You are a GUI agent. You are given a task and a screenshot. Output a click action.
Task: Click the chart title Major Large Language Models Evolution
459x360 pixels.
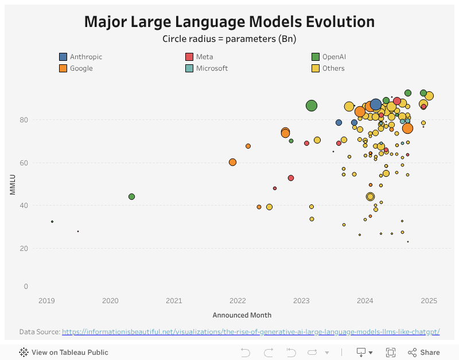(229, 22)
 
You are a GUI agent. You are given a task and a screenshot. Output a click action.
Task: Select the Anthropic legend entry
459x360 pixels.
(85, 57)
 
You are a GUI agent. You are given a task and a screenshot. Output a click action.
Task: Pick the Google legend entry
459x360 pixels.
(81, 68)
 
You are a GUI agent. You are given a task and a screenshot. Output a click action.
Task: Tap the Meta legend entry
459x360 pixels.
(204, 57)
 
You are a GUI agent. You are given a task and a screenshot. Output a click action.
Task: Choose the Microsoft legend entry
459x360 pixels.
(212, 68)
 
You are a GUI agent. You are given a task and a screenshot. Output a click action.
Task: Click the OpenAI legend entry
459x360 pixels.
(333, 57)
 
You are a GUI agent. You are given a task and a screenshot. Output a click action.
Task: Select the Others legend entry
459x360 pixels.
(333, 68)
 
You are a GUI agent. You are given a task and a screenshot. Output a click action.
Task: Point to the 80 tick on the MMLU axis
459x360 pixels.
(22, 120)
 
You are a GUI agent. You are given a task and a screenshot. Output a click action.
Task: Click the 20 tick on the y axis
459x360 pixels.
(22, 248)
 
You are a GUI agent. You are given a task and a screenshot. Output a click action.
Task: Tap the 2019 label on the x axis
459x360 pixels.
(46, 301)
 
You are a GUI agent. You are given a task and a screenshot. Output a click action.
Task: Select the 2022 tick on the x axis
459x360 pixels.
(238, 301)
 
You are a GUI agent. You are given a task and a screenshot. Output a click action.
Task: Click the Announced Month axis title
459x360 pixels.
(242, 315)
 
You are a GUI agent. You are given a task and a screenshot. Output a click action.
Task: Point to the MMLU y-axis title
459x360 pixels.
(12, 184)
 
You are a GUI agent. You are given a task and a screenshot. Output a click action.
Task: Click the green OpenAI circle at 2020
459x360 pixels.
(131, 196)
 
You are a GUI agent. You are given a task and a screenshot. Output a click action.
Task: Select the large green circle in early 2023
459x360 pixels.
(312, 106)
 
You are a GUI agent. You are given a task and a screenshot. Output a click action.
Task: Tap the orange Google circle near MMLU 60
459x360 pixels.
(232, 162)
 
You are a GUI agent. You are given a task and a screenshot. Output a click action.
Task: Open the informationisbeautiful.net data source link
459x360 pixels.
(251, 332)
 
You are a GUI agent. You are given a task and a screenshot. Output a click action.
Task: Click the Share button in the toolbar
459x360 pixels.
(424, 353)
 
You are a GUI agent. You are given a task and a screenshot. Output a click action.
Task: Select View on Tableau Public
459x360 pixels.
(64, 353)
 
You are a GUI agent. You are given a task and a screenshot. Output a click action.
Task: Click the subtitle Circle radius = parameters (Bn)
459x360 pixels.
(229, 39)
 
